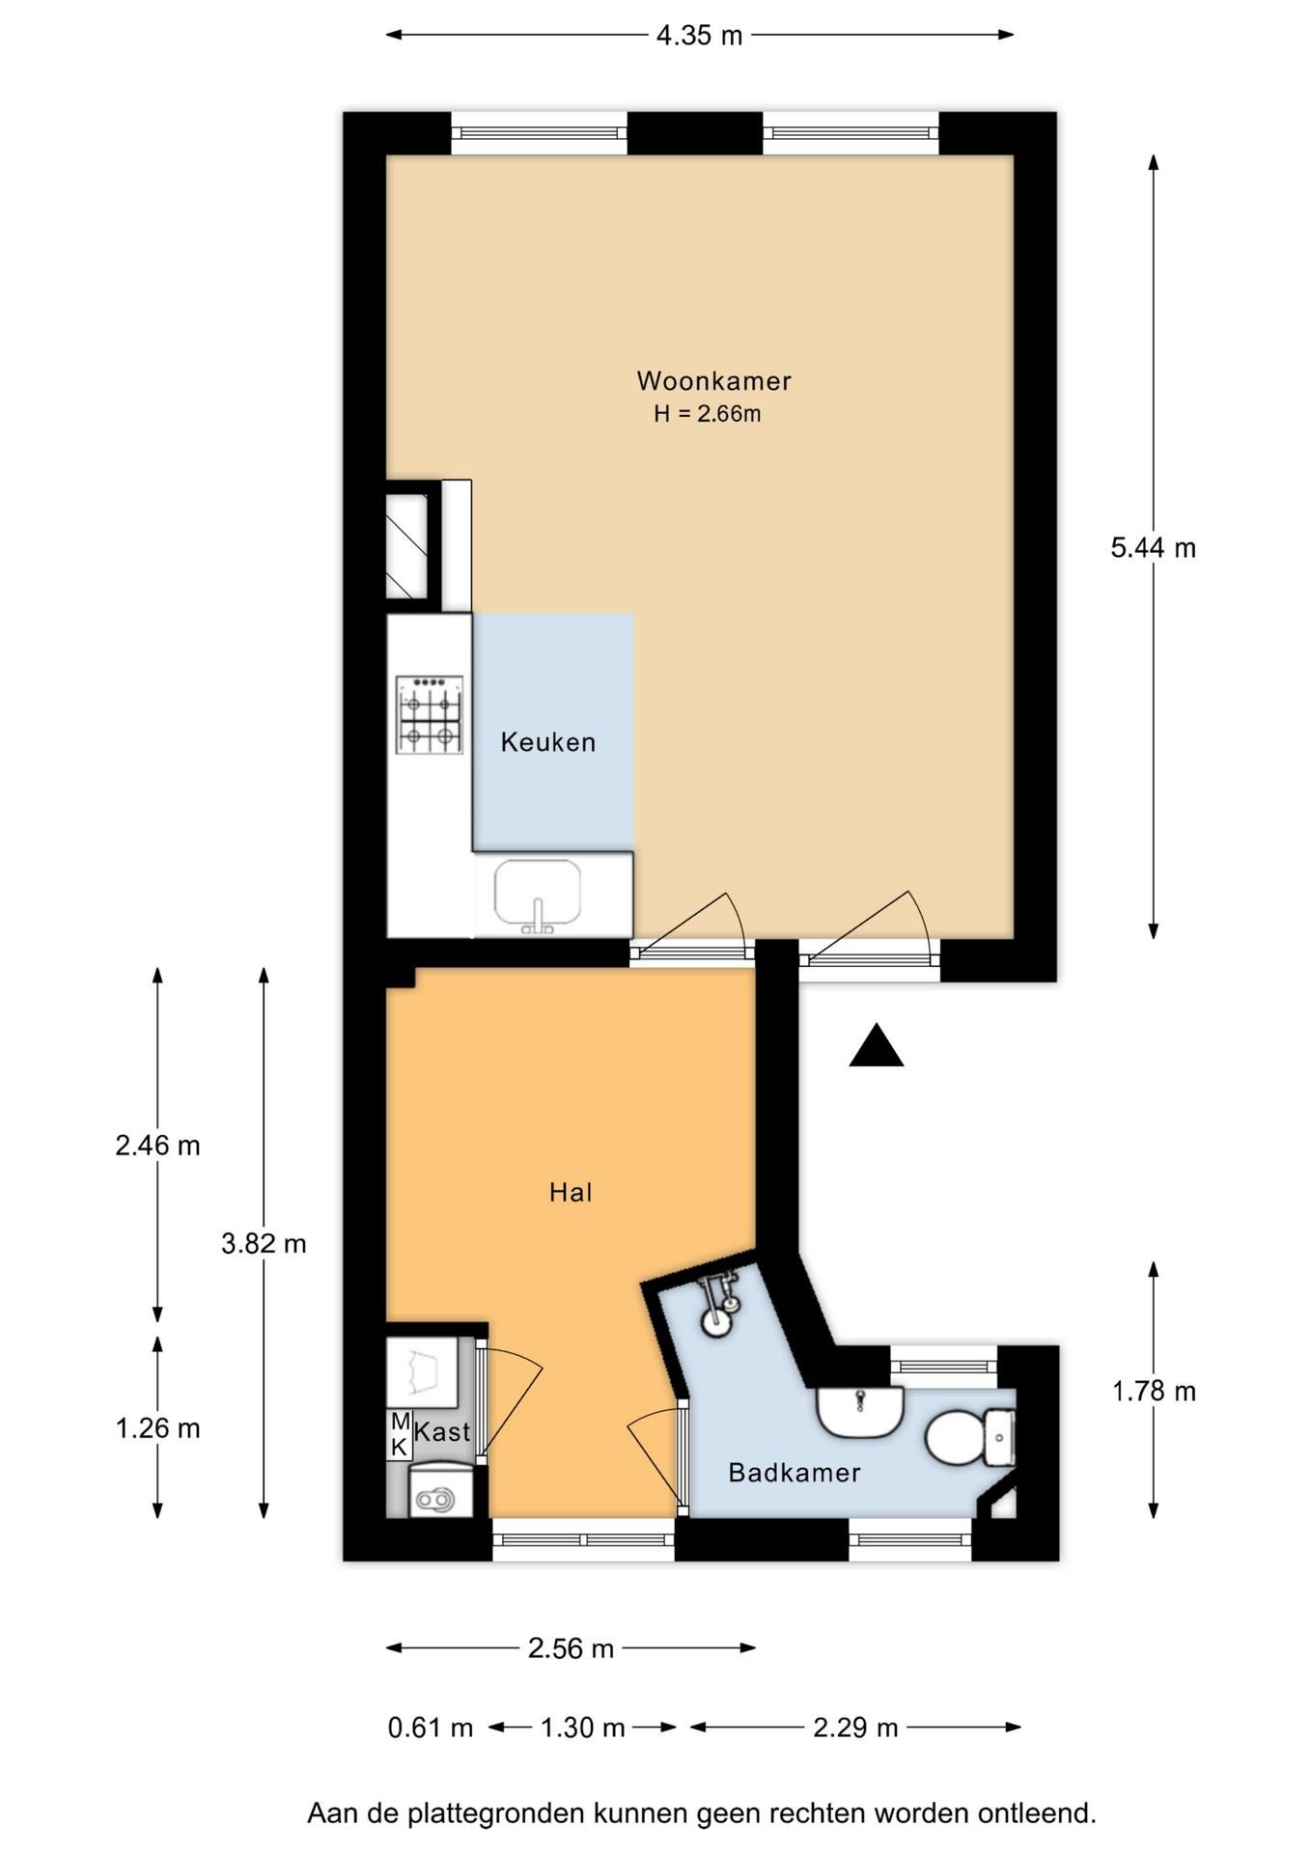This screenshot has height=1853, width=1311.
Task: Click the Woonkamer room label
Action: tap(713, 381)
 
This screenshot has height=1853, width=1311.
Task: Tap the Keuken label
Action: tap(547, 742)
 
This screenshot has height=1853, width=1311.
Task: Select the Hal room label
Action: tap(571, 1193)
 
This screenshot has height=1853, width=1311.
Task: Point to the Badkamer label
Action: tap(794, 1473)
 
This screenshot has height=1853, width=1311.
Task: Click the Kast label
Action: tap(442, 1432)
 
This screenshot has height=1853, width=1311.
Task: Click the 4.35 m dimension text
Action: tap(699, 36)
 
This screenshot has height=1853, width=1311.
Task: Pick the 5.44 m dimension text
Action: tap(1153, 548)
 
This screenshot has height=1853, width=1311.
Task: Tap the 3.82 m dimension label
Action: tap(264, 1244)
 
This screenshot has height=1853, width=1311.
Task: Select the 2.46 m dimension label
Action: tap(157, 1146)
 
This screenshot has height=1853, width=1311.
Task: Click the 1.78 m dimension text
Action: tap(1154, 1392)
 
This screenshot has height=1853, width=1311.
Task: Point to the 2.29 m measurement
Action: tap(855, 1728)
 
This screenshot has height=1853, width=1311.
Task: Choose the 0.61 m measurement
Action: tap(431, 1728)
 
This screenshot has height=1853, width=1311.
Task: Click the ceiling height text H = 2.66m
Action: tap(708, 414)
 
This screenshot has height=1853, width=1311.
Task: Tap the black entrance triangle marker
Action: tap(877, 1045)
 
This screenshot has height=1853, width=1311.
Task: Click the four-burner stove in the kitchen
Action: tap(430, 715)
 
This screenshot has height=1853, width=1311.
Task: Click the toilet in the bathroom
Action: tap(970, 1437)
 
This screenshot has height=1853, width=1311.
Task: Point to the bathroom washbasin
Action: tap(860, 1412)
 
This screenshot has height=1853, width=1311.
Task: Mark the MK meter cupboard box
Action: tap(399, 1435)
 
